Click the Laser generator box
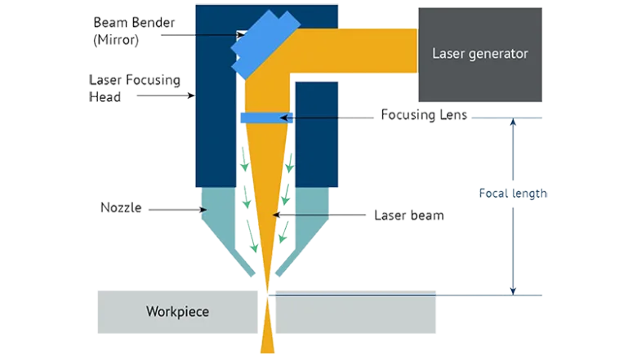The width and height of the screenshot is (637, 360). tap(479, 55)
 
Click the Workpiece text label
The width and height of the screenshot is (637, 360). tap(177, 311)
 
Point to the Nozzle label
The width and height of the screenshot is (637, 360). tap(120, 208)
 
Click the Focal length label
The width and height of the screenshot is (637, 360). tap(513, 194)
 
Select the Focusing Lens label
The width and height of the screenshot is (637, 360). tap(425, 116)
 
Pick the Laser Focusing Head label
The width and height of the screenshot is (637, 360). tap(136, 88)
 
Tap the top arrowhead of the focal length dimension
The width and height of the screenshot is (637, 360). tap(513, 123)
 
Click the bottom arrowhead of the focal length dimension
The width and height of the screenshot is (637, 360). tap(513, 289)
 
